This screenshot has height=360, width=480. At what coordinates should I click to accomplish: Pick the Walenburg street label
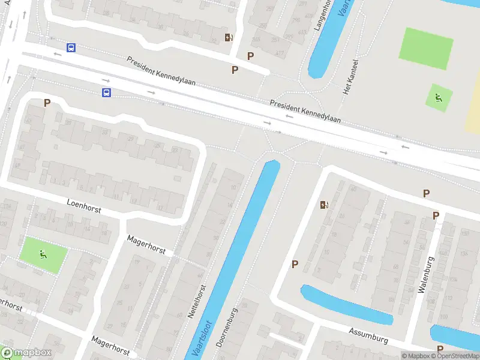(x=425, y=275)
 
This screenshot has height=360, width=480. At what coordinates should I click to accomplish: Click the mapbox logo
(x=26, y=353)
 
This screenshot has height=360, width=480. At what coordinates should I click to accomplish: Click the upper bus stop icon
(x=71, y=47)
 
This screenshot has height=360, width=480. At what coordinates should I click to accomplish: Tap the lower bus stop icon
(x=106, y=92)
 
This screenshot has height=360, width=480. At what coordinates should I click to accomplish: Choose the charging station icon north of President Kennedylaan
(x=229, y=37)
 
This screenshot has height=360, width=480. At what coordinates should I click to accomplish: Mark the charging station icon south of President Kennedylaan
(x=325, y=205)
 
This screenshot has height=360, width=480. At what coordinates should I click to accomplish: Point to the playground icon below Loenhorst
(x=43, y=254)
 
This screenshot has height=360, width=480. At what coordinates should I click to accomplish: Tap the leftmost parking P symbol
(x=47, y=103)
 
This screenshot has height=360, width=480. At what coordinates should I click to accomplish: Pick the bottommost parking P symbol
(x=440, y=349)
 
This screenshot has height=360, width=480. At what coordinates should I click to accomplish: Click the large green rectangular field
(x=426, y=48)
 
